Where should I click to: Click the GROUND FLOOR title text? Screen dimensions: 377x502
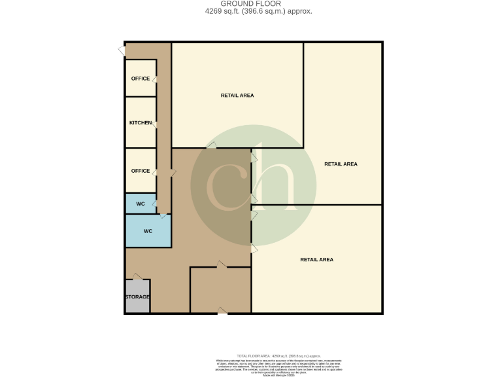(x=251, y=4)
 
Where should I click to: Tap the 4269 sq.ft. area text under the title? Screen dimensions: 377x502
(x=251, y=12)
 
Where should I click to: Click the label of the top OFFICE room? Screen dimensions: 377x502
(x=141, y=79)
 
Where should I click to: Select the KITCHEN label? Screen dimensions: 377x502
(x=141, y=123)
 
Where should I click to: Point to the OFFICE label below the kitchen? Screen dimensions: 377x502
(x=141, y=171)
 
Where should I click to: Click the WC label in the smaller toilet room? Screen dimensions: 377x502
(x=140, y=204)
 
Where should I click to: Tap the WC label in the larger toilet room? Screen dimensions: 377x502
(x=148, y=231)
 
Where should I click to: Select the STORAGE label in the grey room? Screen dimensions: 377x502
(x=137, y=297)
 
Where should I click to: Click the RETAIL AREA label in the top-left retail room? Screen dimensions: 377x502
(x=237, y=96)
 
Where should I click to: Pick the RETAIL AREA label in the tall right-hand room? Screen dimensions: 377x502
(x=341, y=164)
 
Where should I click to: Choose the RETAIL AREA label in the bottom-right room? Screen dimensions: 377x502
(x=316, y=260)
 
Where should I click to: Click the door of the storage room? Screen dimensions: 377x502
(x=137, y=278)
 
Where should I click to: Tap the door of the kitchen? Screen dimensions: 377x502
(x=155, y=124)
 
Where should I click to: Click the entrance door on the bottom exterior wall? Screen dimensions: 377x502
(x=222, y=312)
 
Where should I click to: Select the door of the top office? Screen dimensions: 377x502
(x=155, y=79)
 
